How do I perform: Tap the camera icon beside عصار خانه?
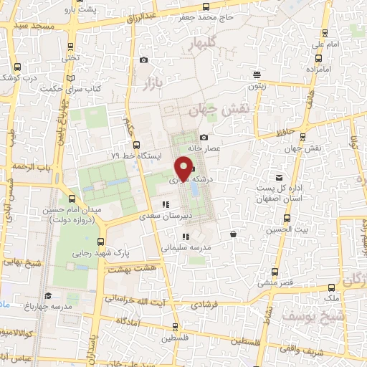click(x=204, y=137)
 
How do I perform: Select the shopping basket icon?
click(x=234, y=234)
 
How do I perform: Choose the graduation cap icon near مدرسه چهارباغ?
click(x=48, y=295)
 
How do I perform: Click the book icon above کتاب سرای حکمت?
click(x=69, y=77)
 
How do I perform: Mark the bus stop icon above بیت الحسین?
click(x=287, y=219)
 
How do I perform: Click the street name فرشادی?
click(x=208, y=304)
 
